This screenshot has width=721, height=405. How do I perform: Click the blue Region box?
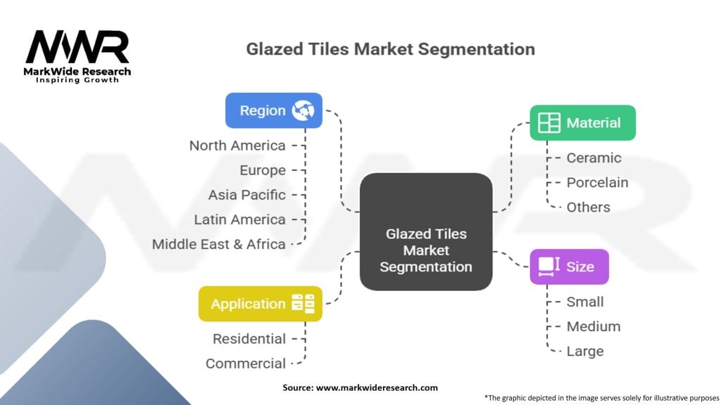coord(273,110)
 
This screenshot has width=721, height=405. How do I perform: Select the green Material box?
coord(582,123)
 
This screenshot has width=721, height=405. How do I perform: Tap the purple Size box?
coord(569,266)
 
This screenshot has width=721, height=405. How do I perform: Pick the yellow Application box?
coord(260,304)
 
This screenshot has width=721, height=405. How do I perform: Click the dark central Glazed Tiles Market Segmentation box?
coord(426,231)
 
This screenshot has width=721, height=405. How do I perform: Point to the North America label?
coord(237,146)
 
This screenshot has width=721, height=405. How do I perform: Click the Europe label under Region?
coord(262,170)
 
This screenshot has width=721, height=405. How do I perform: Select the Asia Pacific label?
coord(246,195)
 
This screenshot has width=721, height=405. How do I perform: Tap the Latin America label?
coord(239,219)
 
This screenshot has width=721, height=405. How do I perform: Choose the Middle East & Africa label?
coord(218,244)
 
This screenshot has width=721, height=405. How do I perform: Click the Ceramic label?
coord(594,157)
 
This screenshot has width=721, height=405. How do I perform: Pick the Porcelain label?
coord(597,182)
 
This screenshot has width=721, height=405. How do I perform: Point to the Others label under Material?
coord(588,207)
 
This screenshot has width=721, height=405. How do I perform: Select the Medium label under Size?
coord(593,326)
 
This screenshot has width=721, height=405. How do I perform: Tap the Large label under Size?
coord(584,351)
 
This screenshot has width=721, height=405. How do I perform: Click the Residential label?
coord(249,339)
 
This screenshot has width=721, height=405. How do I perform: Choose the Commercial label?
coord(246,364)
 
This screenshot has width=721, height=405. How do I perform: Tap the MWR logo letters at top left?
coord(77,48)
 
